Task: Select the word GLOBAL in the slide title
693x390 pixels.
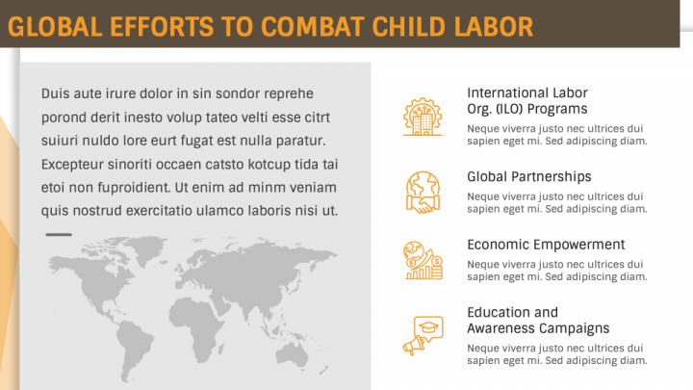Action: [x=44, y=27]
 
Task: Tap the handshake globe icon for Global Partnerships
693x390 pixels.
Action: [x=422, y=191]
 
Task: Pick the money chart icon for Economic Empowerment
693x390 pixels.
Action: [x=422, y=260]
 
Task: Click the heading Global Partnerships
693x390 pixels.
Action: [x=528, y=177]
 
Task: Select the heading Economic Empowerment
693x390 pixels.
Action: [x=546, y=245]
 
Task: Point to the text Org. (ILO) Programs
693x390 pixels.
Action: [x=526, y=109]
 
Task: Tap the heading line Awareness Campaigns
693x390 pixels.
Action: [x=537, y=328]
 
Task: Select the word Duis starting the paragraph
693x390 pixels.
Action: [x=55, y=93]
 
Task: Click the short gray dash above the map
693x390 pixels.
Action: [x=59, y=234]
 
